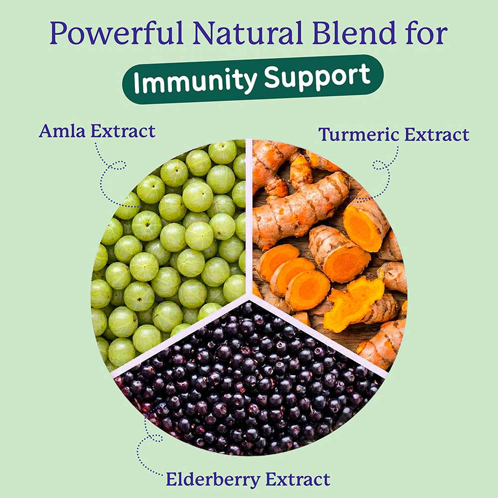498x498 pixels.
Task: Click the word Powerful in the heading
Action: point(117,33)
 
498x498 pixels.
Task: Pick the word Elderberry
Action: point(213,479)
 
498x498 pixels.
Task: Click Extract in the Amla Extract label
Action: point(123,131)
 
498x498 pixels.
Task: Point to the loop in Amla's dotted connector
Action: point(118,165)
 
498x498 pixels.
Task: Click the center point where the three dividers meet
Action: point(249,297)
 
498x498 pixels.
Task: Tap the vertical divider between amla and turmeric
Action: point(249,218)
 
